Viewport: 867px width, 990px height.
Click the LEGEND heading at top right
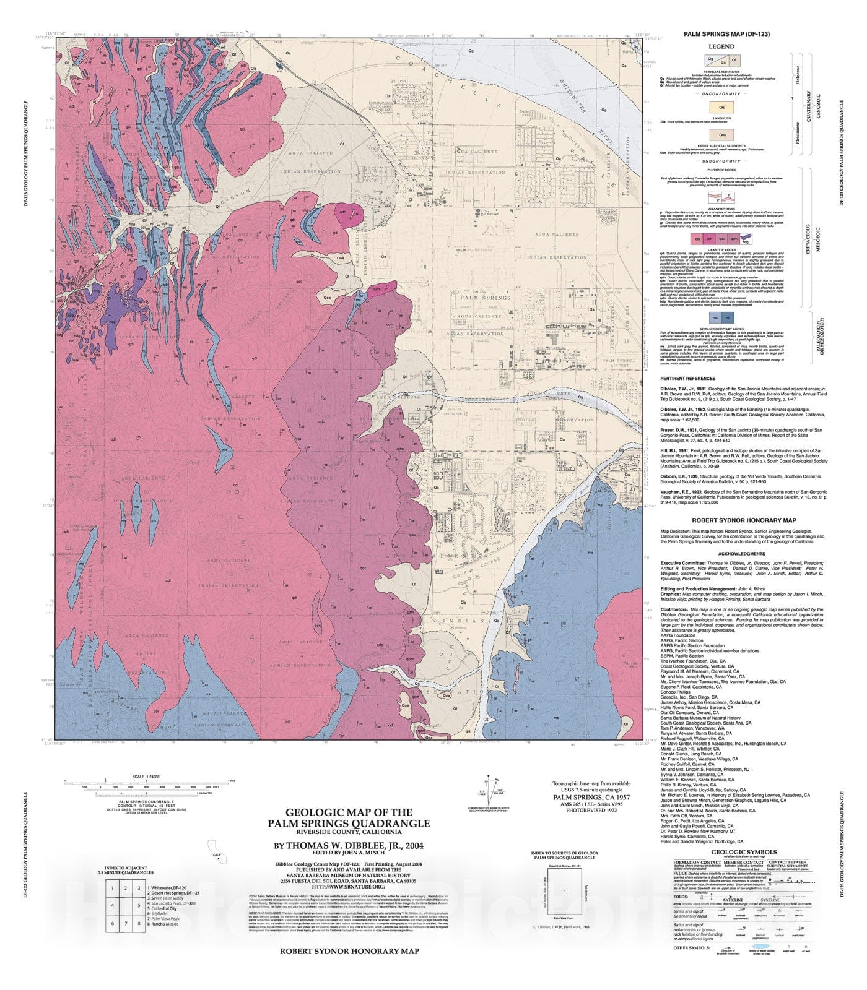coord(721,46)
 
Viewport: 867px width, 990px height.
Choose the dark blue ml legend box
coord(728,318)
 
